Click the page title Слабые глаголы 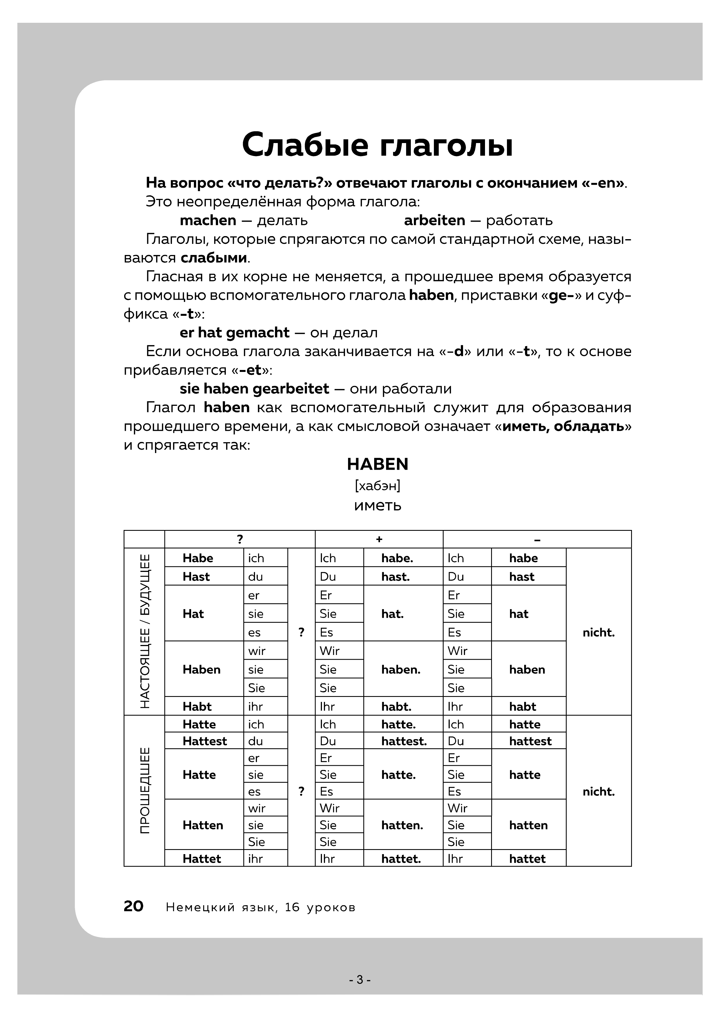point(377,144)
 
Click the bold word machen point(208,220)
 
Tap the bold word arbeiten point(434,220)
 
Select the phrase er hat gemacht point(234,332)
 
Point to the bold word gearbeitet point(291,389)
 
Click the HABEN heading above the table point(377,464)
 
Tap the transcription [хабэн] point(377,486)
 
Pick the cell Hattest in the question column point(204,741)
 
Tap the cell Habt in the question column point(197,706)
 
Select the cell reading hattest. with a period point(404,741)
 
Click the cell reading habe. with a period point(397,558)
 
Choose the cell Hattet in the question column point(201,859)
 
